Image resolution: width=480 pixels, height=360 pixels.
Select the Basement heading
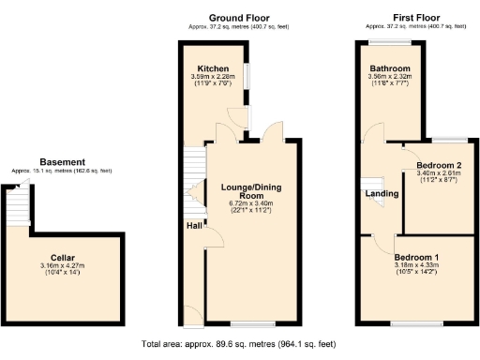(x=62, y=162)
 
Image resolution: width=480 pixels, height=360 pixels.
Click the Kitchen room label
(x=214, y=68)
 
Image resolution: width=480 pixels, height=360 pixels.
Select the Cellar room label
(x=62, y=257)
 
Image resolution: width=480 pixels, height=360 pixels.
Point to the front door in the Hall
(x=189, y=314)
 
